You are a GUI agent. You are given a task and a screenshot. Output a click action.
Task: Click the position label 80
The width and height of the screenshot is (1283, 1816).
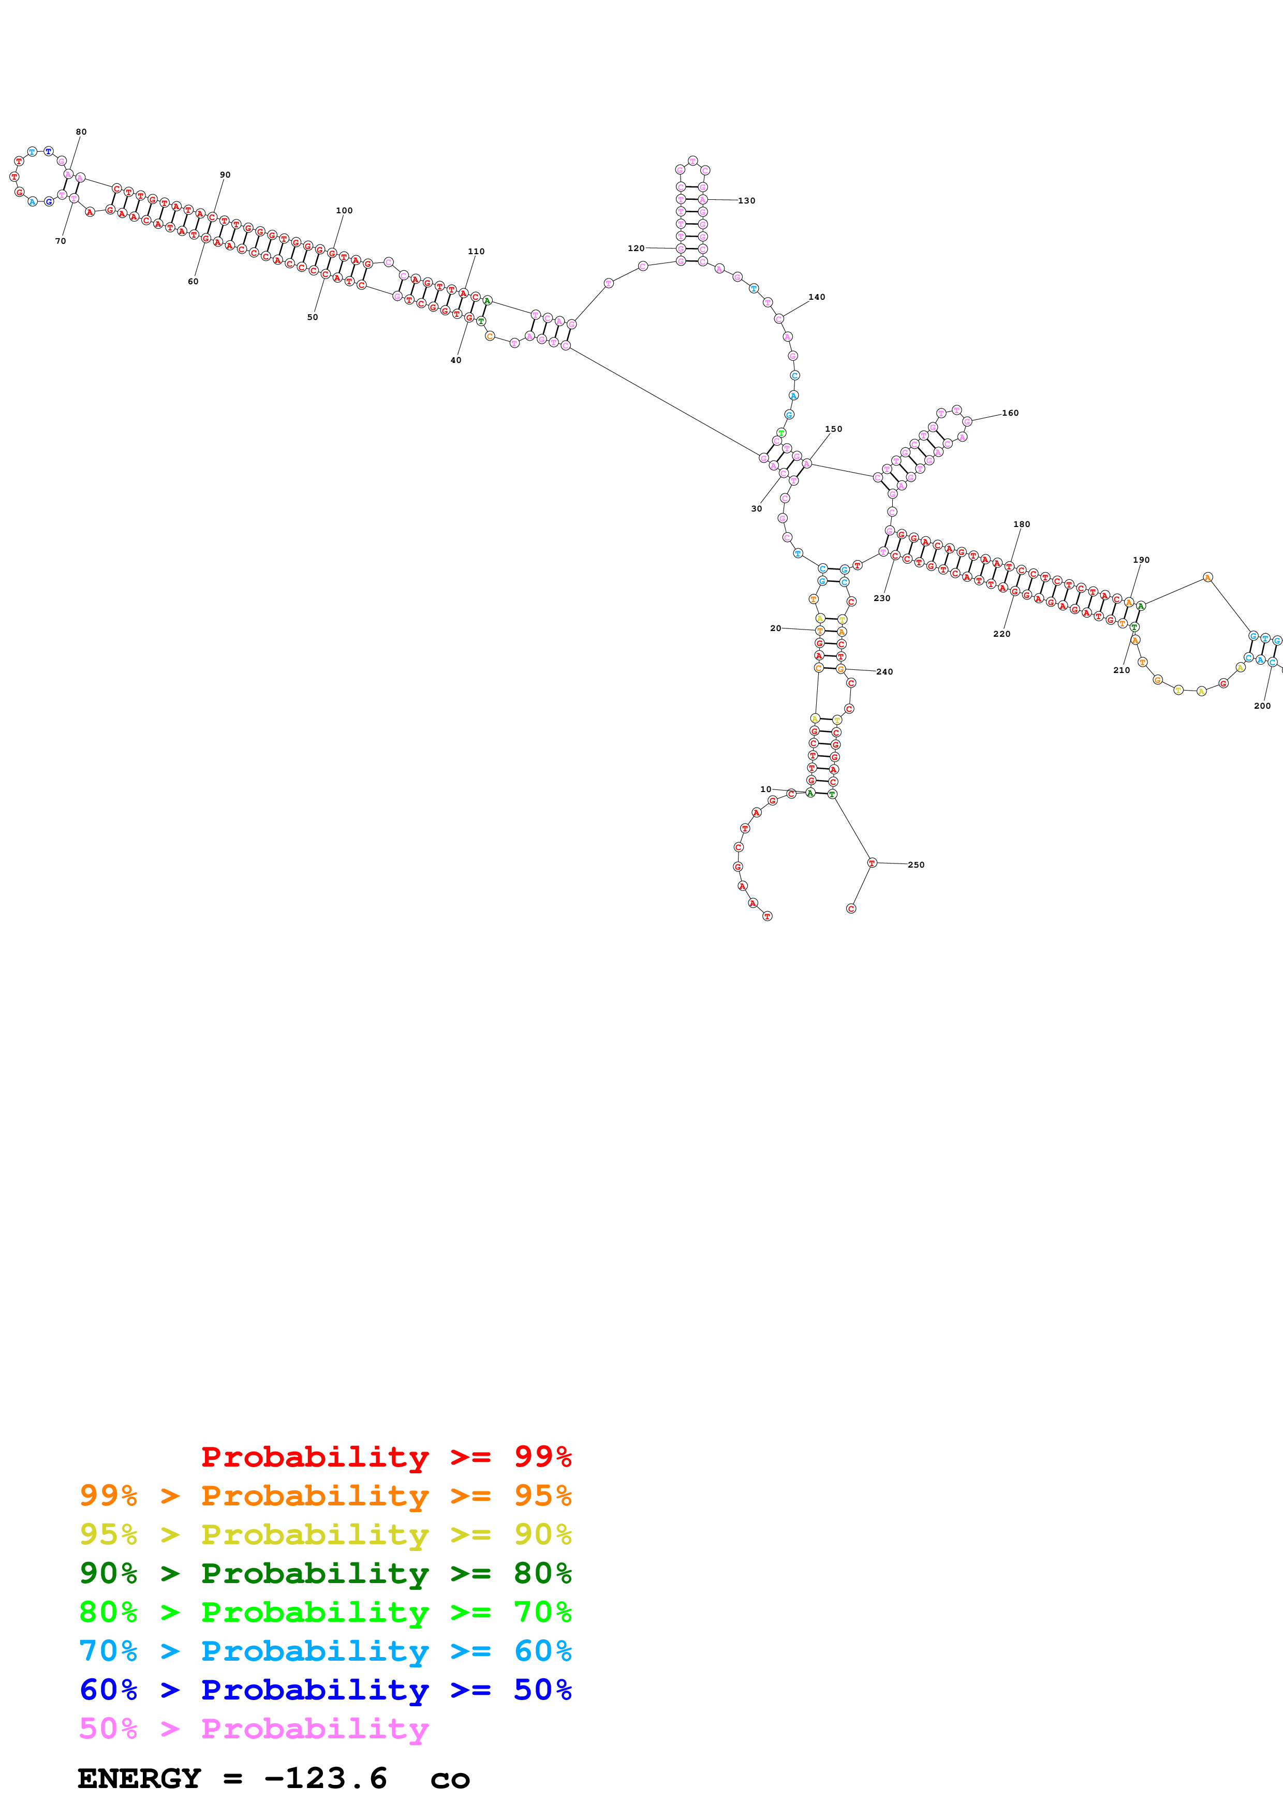pyautogui.click(x=81, y=132)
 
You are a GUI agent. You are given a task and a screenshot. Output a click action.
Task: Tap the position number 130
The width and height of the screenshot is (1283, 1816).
pyautogui.click(x=746, y=201)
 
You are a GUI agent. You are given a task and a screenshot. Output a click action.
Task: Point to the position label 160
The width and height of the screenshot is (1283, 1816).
pyautogui.click(x=1010, y=413)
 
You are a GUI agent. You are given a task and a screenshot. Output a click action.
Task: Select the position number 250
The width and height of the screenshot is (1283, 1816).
pyautogui.click(x=916, y=865)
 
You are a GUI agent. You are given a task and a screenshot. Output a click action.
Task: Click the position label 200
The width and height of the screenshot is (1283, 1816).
pyautogui.click(x=1262, y=706)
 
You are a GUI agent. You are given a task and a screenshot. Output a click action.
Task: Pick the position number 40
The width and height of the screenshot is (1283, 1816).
pyautogui.click(x=455, y=360)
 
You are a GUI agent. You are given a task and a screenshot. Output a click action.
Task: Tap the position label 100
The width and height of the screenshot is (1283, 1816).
pyautogui.click(x=344, y=210)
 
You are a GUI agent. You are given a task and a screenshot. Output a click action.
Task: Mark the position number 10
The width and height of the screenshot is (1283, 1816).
pyautogui.click(x=765, y=789)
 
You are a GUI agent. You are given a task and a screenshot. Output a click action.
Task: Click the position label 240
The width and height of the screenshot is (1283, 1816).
pyautogui.click(x=884, y=671)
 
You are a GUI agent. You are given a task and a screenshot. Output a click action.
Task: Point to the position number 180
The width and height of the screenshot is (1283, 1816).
pyautogui.click(x=1021, y=524)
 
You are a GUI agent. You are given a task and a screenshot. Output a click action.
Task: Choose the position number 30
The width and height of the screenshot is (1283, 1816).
pyautogui.click(x=757, y=508)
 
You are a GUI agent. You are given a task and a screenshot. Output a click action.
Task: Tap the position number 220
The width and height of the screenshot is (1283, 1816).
pyautogui.click(x=1001, y=634)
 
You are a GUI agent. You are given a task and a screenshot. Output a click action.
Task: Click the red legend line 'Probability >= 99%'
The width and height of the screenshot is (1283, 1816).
pyautogui.click(x=386, y=1456)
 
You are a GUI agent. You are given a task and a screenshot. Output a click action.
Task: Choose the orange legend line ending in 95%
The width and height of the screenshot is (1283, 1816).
pyautogui.click(x=325, y=1496)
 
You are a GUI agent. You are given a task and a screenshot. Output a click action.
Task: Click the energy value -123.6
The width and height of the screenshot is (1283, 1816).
pyautogui.click(x=326, y=1778)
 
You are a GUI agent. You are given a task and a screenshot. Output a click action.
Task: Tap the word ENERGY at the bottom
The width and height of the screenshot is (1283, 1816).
pyautogui.click(x=139, y=1778)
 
